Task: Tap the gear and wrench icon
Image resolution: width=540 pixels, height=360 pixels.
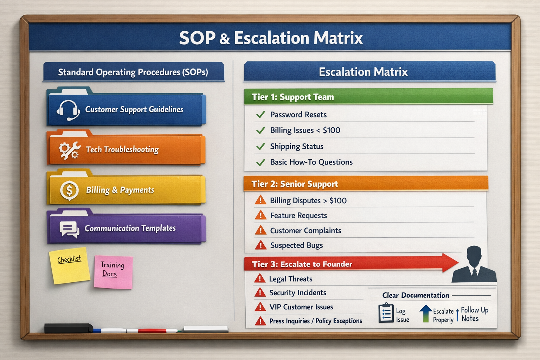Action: click(69, 150)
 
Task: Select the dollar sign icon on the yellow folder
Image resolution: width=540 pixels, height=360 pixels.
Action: click(69, 191)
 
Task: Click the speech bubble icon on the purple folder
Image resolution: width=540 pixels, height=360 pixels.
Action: click(69, 229)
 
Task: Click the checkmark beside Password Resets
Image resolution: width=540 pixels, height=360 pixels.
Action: click(261, 115)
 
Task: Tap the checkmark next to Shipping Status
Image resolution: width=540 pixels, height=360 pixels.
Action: click(261, 146)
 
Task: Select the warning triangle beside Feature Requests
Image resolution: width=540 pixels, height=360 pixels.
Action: click(261, 215)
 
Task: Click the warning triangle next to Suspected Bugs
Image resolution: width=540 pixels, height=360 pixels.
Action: click(261, 245)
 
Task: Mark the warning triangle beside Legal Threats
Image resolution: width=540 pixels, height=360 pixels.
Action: click(259, 279)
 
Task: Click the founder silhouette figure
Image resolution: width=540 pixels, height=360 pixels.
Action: click(474, 264)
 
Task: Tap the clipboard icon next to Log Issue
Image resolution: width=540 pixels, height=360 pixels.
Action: click(386, 313)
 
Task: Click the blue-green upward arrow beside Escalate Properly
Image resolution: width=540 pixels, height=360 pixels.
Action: click(425, 313)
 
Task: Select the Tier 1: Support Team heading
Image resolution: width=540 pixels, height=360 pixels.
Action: click(292, 97)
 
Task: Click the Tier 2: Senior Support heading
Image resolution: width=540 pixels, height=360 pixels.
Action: click(295, 184)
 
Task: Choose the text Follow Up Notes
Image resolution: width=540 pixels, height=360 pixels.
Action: click(474, 314)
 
